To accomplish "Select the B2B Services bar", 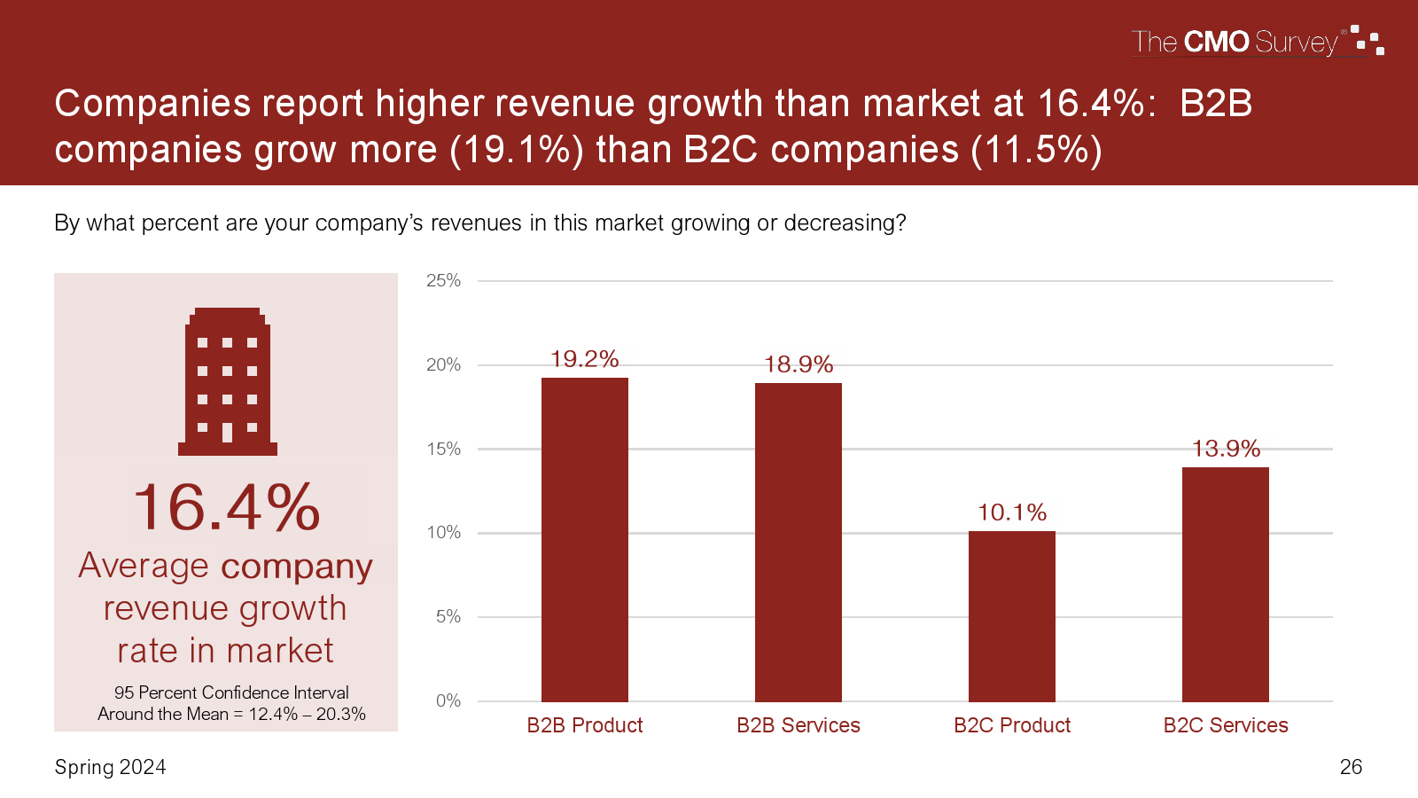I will [x=799, y=542].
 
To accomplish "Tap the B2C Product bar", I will [x=1012, y=616].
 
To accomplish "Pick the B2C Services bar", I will [x=1226, y=584].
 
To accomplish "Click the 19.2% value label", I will [x=585, y=359].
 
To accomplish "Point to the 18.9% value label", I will [x=799, y=364].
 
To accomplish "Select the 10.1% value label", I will [x=1012, y=512].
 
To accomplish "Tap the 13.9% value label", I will [x=1226, y=449].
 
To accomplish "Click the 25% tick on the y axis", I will [x=443, y=281].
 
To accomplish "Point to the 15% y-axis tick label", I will [x=443, y=449].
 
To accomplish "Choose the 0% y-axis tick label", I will [x=448, y=700].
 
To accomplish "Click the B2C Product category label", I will [x=1012, y=725].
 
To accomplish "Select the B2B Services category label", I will [x=799, y=725].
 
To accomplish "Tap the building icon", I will [x=228, y=382].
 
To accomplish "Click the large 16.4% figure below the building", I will [x=227, y=508].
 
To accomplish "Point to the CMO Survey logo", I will [x=1257, y=42].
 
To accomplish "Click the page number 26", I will [x=1351, y=767].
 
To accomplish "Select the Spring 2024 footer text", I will [x=111, y=767].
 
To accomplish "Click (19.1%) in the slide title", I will [x=517, y=150].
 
